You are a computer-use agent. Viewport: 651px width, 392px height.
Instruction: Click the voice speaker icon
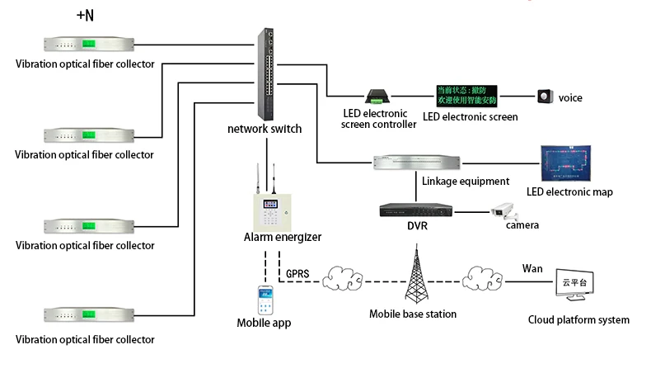pos(545,97)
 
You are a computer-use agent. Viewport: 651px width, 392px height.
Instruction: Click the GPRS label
pos(297,273)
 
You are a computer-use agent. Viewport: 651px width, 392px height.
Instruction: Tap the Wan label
pos(532,269)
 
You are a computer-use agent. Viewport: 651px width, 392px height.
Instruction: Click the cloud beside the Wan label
pos(482,280)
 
